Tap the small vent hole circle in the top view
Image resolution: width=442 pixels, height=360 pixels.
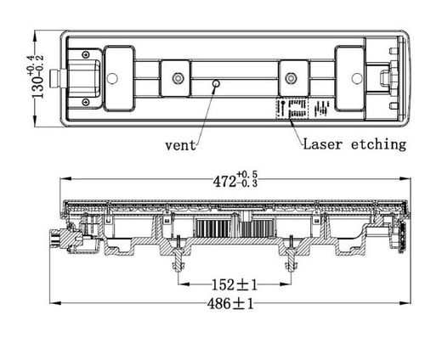pyautogui.click(x=217, y=84)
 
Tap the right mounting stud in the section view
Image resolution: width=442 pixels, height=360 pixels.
pyautogui.click(x=291, y=255)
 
